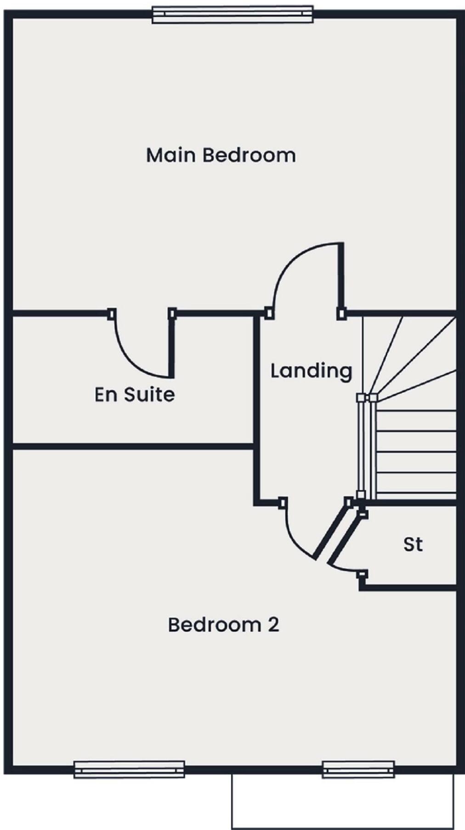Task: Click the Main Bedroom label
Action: click(x=221, y=155)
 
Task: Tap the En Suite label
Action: click(x=135, y=395)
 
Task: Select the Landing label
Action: click(x=311, y=371)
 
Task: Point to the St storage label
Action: click(x=413, y=544)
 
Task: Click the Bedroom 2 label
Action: click(x=223, y=624)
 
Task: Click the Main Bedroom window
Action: click(x=232, y=14)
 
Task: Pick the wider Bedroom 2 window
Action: click(x=129, y=769)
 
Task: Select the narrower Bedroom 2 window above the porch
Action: click(x=358, y=769)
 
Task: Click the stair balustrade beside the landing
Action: click(x=367, y=446)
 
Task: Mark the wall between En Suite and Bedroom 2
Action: click(x=133, y=446)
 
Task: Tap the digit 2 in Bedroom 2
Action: click(x=273, y=625)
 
